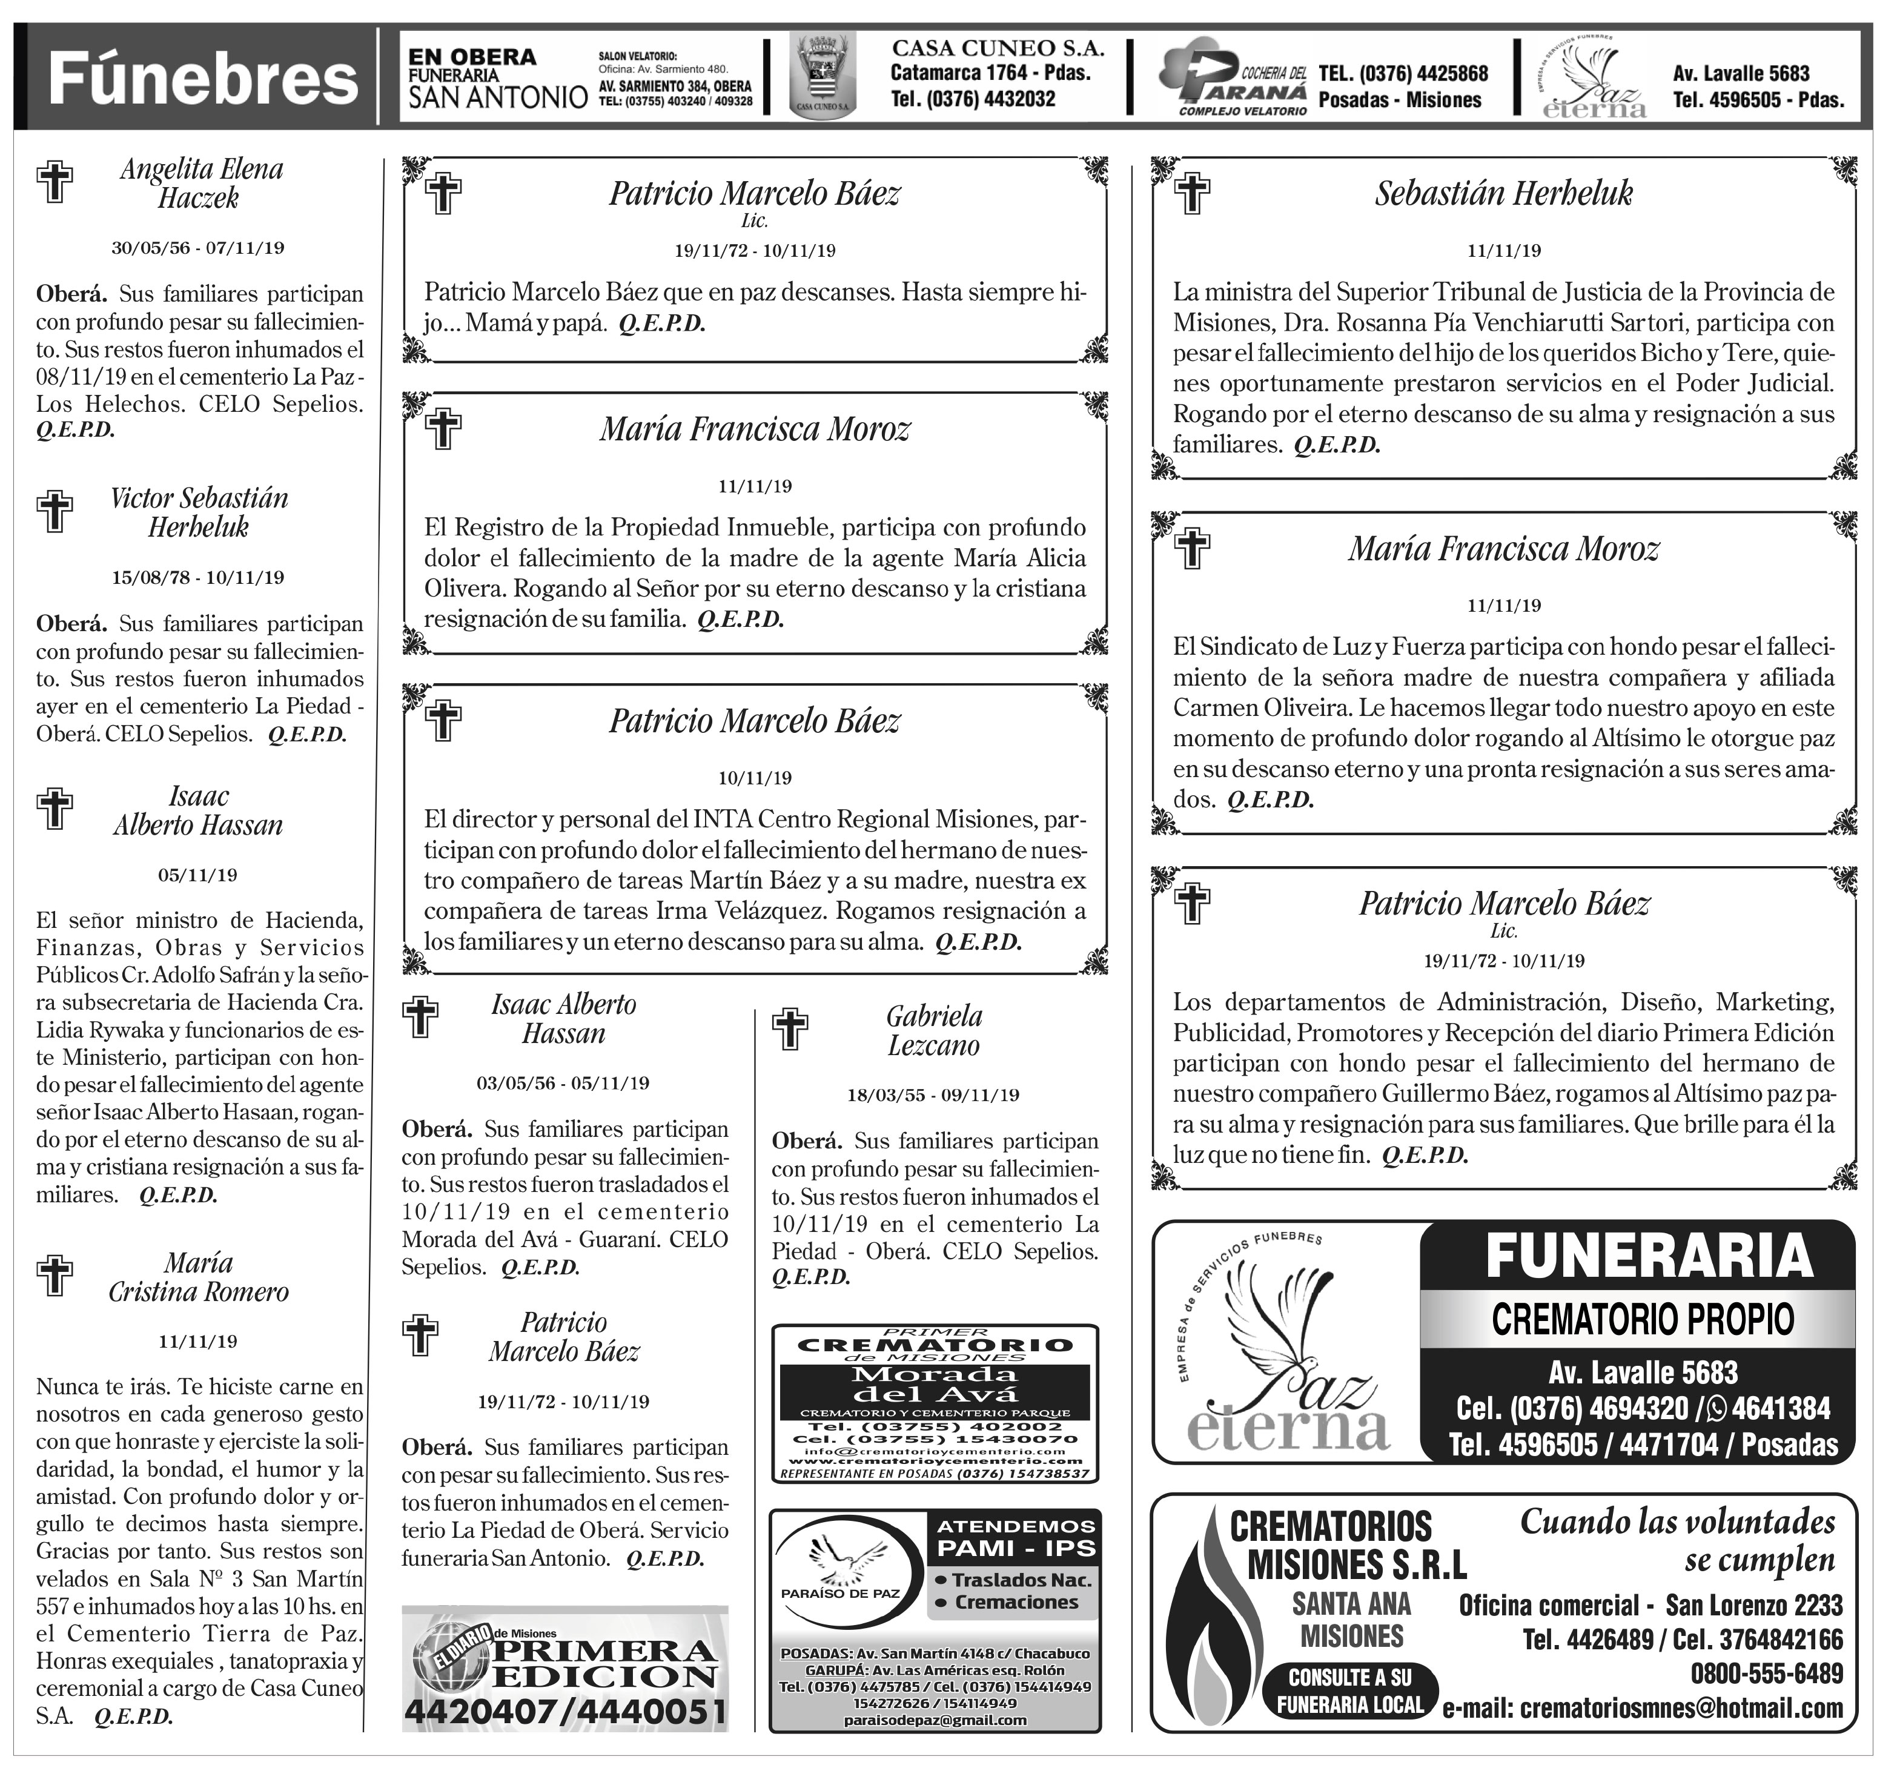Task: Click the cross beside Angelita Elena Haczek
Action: click(x=55, y=182)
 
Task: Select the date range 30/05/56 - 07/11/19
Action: click(x=197, y=248)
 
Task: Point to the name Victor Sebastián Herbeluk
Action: click(x=198, y=512)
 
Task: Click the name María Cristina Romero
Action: click(x=198, y=1277)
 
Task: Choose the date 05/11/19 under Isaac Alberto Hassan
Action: click(x=197, y=875)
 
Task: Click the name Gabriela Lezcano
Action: click(x=934, y=1031)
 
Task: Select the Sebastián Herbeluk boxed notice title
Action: click(x=1503, y=193)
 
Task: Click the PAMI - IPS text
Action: click(x=1016, y=1548)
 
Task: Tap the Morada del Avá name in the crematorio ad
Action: click(x=935, y=1384)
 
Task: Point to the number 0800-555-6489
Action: click(x=1767, y=1674)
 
